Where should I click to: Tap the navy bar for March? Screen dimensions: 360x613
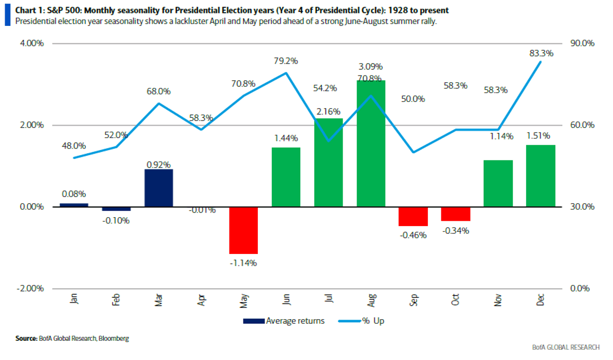[x=159, y=188]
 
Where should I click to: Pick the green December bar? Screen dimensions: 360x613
[x=540, y=176]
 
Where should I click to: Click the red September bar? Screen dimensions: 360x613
[x=413, y=216]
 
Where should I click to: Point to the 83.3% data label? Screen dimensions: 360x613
[x=541, y=53]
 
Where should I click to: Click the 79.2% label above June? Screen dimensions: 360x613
[x=286, y=61]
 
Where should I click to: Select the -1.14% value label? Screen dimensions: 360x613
[x=243, y=263]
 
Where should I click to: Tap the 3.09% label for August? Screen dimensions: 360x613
[x=371, y=67]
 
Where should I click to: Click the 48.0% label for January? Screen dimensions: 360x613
[x=73, y=146]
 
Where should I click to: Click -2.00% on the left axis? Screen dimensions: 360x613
[x=31, y=289]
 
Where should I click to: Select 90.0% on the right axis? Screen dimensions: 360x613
[x=582, y=43]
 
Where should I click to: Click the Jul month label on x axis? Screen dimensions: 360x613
[x=328, y=301]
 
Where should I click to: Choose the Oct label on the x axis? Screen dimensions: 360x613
[x=455, y=301]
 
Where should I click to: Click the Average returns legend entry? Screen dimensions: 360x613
[x=295, y=321]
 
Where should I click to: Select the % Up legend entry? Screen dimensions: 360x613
[x=372, y=321]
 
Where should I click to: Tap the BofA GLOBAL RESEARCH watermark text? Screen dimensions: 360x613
[x=565, y=347]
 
